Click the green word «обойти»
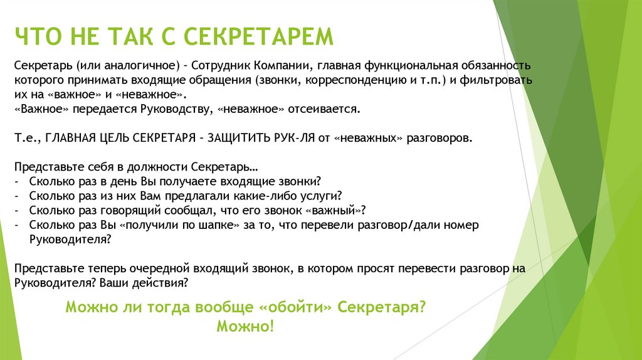pyautogui.click(x=295, y=307)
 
